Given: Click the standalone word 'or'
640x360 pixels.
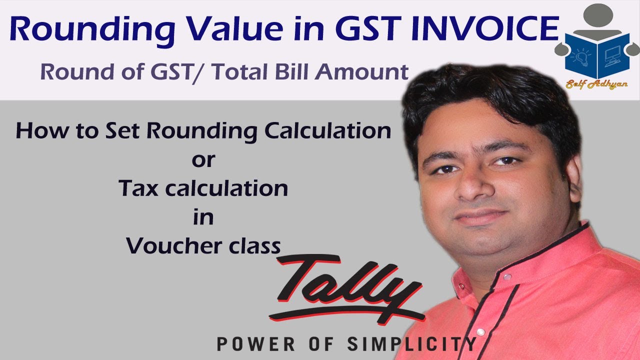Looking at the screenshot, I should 203,160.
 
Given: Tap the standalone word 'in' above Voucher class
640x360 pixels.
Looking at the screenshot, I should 203,218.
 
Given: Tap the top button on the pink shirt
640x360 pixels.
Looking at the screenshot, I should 508,276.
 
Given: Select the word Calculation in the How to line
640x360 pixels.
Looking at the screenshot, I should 328,130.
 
